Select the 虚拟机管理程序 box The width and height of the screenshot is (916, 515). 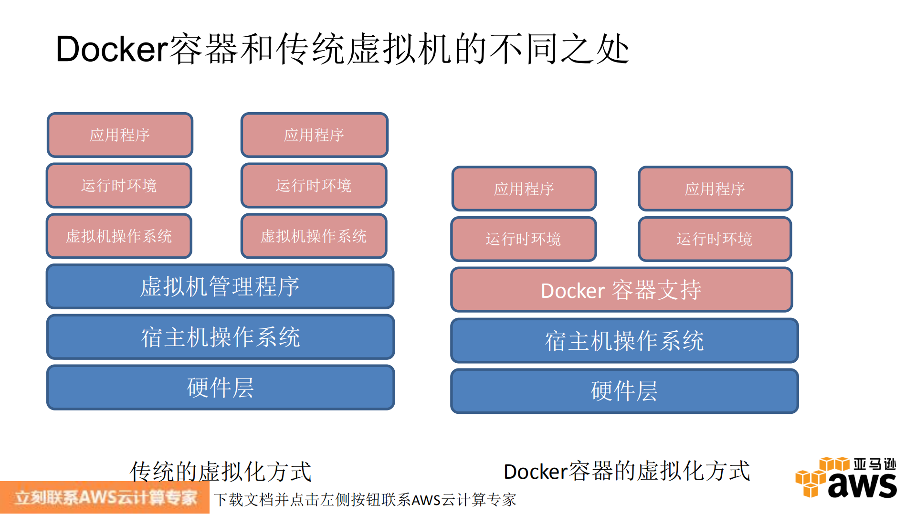coord(220,286)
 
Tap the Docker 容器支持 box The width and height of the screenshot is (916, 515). coord(621,290)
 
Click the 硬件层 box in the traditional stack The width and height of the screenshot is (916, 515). coord(220,388)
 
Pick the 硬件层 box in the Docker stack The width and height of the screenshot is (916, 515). coord(624,391)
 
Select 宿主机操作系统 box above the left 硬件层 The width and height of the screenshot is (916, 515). coord(220,337)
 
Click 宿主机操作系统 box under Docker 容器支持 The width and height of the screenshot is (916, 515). coord(624,341)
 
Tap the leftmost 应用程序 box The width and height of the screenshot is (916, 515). coord(120,135)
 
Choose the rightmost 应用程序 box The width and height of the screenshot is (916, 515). coord(715,189)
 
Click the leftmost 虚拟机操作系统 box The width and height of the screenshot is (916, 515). coord(119,236)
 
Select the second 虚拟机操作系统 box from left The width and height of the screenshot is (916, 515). coord(314,236)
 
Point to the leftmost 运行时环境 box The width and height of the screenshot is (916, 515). coord(119,186)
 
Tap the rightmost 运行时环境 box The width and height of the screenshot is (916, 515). coord(715,239)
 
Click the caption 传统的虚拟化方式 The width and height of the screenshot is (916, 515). coord(220,472)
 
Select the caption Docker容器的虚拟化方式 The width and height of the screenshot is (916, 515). coord(627,472)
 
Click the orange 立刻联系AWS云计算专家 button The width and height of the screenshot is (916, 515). coord(105,498)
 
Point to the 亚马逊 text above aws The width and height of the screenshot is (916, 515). coord(874,464)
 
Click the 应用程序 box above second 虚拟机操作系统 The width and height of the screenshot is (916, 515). coord(314,135)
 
